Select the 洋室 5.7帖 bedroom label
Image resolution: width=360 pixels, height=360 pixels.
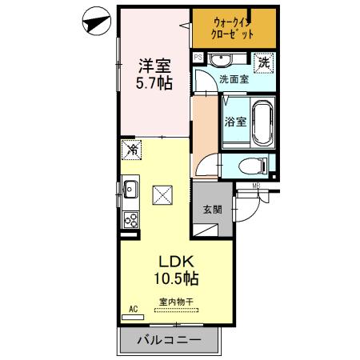click(154, 73)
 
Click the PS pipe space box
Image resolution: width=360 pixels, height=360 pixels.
click(198, 58)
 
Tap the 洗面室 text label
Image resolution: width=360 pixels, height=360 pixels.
click(234, 79)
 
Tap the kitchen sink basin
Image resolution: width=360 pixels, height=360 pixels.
click(130, 190)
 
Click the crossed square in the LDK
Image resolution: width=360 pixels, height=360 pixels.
click(162, 194)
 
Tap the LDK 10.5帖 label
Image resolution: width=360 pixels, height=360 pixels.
click(177, 270)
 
